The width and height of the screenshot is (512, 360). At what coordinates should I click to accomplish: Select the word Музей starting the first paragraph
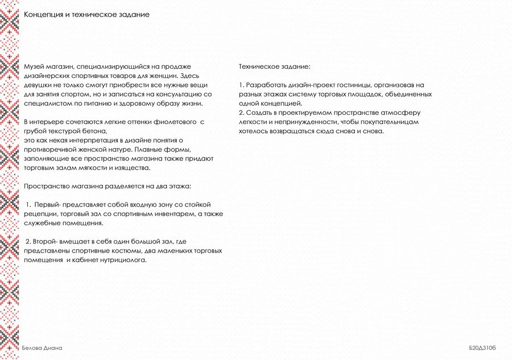33,67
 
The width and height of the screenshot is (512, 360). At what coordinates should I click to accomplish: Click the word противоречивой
51,149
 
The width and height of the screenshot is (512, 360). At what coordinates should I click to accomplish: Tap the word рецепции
39,214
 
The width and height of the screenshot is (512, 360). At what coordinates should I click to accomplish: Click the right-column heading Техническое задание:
275,67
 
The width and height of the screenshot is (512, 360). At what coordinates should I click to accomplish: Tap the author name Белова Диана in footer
42,347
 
